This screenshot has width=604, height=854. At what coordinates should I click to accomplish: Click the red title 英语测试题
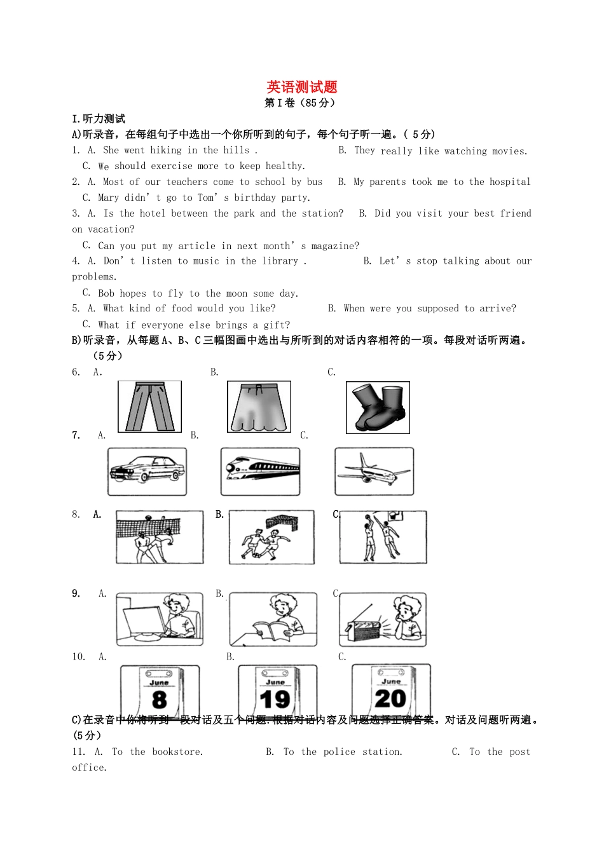(x=302, y=87)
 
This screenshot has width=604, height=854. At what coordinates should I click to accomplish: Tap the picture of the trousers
(x=149, y=407)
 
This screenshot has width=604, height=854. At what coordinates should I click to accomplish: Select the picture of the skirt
(x=259, y=407)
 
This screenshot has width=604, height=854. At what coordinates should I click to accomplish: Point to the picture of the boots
(x=378, y=407)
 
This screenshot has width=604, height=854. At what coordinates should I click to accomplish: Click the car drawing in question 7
(x=147, y=471)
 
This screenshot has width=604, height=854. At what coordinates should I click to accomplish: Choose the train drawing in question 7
(x=260, y=471)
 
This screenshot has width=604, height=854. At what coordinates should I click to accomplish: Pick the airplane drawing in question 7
(x=374, y=471)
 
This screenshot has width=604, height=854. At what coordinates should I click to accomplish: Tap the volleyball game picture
(x=160, y=537)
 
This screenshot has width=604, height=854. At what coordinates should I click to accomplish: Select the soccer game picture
(x=271, y=537)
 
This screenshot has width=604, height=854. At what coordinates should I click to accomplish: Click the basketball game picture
(x=383, y=537)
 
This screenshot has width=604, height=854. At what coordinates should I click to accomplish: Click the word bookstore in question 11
(x=177, y=752)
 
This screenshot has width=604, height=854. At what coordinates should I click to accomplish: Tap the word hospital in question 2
(x=509, y=182)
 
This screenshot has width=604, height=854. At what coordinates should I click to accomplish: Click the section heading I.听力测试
(x=99, y=119)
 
